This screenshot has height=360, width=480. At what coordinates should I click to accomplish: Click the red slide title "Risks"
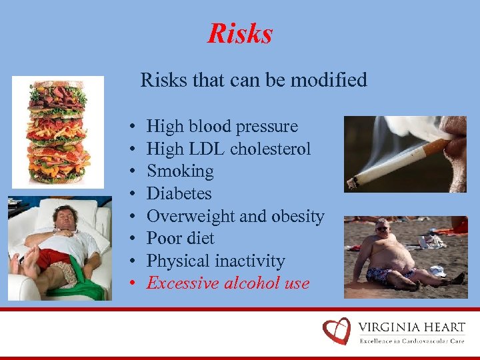point(240,33)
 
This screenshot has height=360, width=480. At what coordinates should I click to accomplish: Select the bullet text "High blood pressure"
point(222,127)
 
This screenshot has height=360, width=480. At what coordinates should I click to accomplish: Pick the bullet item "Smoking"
point(180,171)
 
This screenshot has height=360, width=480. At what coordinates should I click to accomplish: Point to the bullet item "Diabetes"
point(179,194)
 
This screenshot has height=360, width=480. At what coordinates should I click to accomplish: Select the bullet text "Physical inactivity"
point(215,261)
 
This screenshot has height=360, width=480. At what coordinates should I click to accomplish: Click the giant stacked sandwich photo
point(57,131)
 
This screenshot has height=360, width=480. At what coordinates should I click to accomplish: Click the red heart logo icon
point(336,331)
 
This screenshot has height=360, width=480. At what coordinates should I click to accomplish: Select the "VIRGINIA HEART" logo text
point(411,327)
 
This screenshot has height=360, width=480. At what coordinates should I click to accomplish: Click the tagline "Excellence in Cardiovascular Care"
point(411,341)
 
